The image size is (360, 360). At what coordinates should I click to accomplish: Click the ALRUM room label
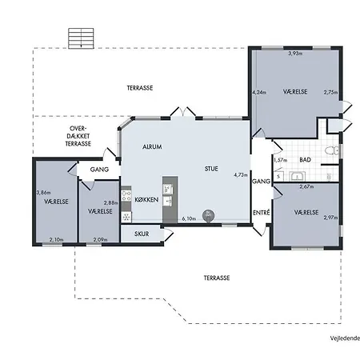click(152, 146)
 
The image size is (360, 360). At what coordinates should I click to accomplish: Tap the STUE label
click(211, 169)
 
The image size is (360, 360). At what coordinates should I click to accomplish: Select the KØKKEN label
click(146, 199)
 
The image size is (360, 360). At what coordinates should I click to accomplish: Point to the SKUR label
click(142, 234)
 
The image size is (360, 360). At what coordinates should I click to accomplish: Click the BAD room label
click(305, 160)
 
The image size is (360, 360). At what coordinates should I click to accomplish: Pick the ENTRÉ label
click(262, 213)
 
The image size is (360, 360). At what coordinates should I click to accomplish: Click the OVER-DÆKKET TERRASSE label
click(78, 136)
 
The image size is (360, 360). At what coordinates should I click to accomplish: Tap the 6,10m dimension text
click(189, 218)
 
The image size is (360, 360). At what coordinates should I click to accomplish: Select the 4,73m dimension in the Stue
click(241, 175)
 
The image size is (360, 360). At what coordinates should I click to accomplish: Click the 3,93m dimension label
click(295, 54)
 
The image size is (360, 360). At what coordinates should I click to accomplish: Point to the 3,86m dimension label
click(43, 192)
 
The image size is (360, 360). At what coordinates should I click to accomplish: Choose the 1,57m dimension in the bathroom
click(280, 160)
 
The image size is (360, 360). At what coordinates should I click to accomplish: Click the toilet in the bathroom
click(331, 150)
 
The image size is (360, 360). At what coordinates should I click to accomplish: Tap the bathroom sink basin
click(298, 176)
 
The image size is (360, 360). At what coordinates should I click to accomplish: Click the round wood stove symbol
click(208, 215)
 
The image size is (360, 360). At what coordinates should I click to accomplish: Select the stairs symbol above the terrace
click(81, 38)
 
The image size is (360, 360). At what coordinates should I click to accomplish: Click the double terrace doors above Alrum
click(183, 111)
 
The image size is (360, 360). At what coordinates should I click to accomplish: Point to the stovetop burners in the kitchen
click(126, 196)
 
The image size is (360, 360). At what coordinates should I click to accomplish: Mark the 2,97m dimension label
click(330, 218)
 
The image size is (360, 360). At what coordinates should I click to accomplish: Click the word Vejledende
click(345, 338)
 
